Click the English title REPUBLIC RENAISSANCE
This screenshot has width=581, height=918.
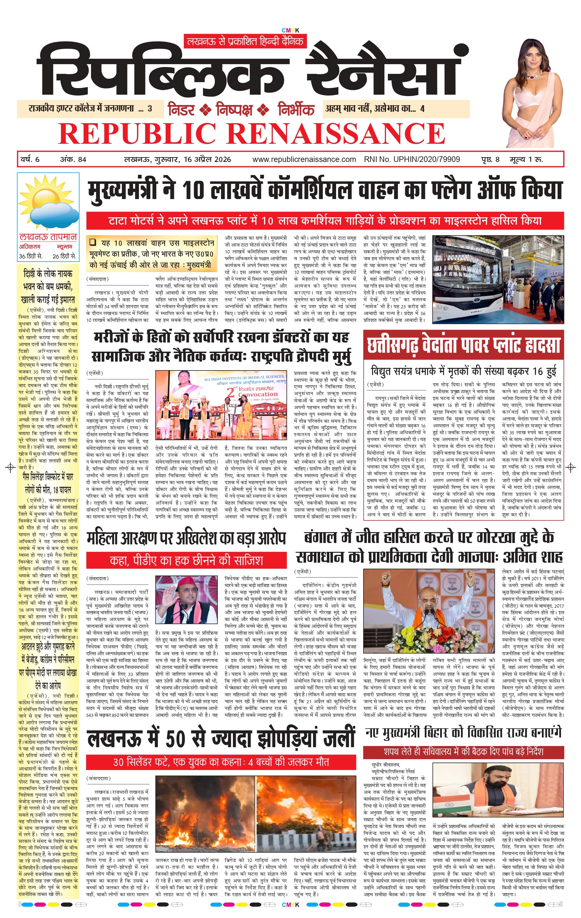(251, 133)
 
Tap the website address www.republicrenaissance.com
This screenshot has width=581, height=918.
(304, 159)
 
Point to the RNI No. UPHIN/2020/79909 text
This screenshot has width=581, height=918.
(412, 159)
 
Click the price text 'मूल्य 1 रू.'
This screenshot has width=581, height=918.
(527, 159)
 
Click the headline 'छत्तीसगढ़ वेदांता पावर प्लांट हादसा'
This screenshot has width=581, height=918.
(463, 345)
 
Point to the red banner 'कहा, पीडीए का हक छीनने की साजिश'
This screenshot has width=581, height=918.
(186, 560)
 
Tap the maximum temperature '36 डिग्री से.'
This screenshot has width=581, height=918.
(31, 256)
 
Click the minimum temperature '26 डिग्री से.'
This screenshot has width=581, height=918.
(64, 256)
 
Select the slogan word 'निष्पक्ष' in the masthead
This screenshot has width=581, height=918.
(234, 110)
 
